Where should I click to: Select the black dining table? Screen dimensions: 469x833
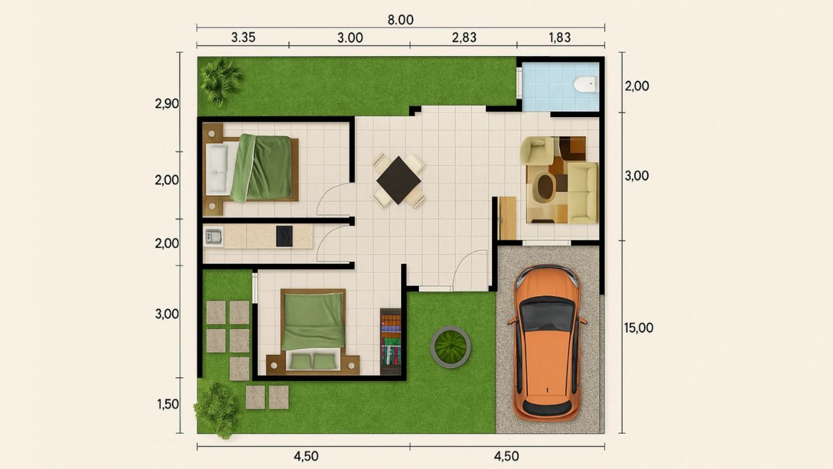(398, 180)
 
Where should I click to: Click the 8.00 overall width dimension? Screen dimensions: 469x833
(400, 20)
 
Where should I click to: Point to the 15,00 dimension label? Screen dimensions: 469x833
(638, 328)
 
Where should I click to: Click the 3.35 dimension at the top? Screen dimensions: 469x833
(243, 37)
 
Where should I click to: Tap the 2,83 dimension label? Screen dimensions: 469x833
(464, 37)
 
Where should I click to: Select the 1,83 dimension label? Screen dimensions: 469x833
(559, 37)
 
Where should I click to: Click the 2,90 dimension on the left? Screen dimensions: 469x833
(167, 104)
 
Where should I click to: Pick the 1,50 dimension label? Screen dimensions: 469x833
(167, 404)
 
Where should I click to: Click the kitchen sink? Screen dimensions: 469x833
(213, 236)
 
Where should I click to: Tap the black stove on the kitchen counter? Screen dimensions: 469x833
(284, 236)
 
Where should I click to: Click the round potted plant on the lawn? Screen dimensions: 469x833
(450, 347)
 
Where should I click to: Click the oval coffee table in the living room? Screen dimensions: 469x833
(543, 188)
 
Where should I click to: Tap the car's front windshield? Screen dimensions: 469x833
(547, 316)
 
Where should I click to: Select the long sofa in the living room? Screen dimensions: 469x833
(582, 192)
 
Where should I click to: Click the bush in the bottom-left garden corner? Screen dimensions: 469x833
(217, 409)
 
